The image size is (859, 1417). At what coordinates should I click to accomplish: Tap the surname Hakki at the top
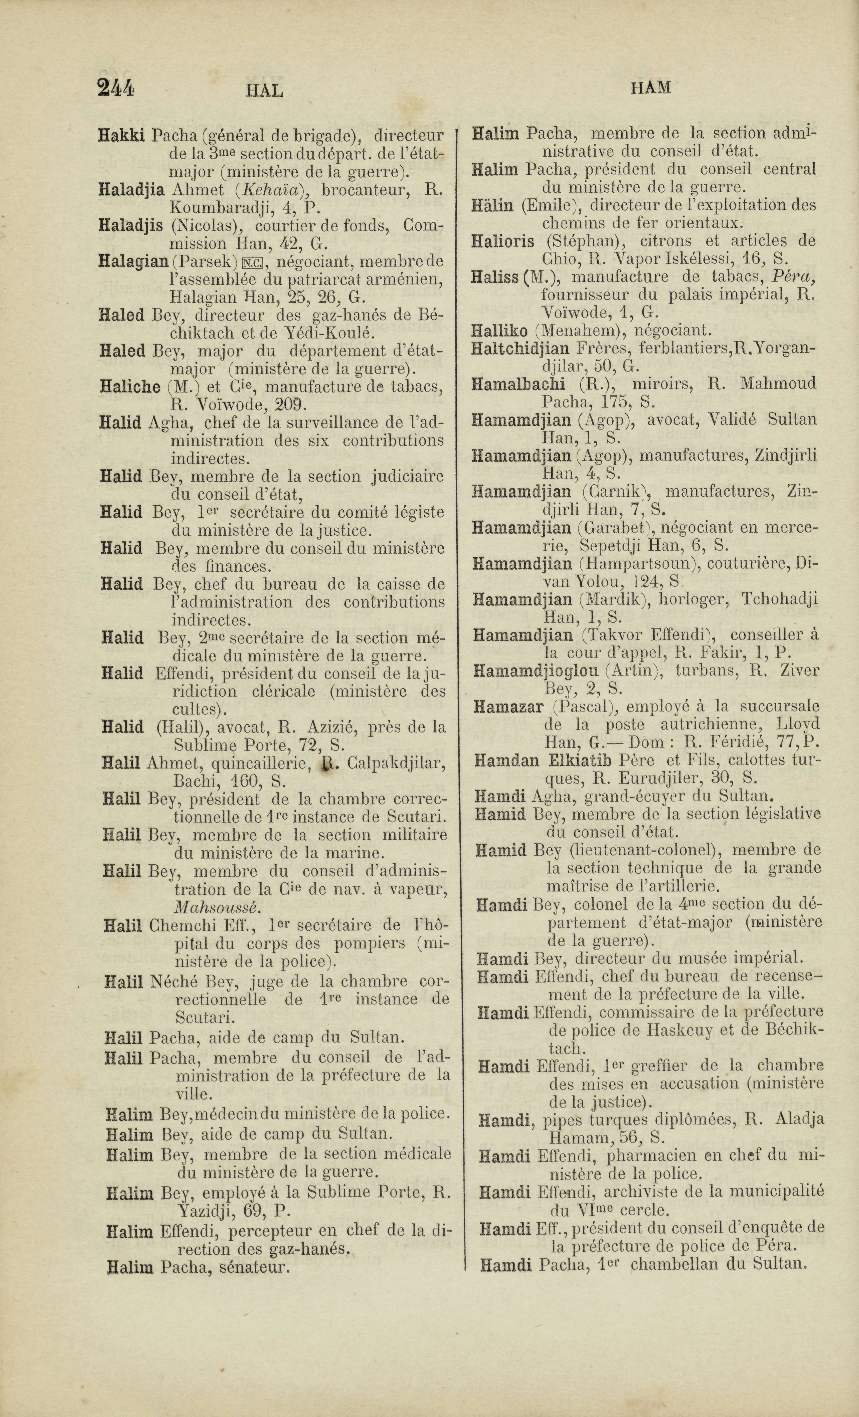(122, 136)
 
